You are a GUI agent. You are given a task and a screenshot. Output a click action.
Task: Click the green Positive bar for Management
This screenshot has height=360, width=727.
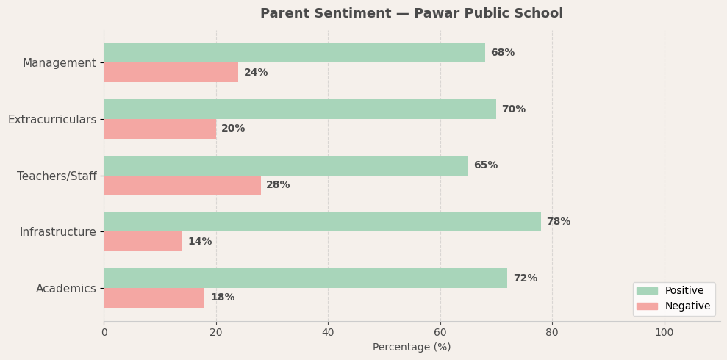(294, 53)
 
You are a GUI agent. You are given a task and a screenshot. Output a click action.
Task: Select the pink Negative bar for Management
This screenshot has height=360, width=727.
(171, 73)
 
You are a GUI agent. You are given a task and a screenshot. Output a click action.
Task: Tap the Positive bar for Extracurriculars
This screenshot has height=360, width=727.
(300, 109)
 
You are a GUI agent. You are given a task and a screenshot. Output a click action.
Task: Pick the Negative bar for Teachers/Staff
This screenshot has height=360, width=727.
(182, 185)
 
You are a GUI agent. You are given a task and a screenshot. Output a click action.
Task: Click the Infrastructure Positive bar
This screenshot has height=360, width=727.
(322, 222)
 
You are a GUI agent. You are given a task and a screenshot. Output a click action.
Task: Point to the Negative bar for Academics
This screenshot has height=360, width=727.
(154, 298)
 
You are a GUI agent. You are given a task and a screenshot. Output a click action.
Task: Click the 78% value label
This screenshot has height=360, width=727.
(558, 222)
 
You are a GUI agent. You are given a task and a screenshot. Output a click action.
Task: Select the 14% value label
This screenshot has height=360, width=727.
(200, 242)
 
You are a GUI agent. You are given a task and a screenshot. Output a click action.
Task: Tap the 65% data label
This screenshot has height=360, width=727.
(485, 165)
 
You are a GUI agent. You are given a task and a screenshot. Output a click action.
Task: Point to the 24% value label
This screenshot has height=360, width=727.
(256, 73)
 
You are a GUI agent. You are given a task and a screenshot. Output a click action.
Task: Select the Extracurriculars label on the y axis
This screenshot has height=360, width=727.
(52, 120)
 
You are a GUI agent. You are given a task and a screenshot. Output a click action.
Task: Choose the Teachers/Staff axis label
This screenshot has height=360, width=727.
(57, 176)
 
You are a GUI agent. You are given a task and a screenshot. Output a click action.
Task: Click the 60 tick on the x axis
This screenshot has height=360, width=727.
(440, 332)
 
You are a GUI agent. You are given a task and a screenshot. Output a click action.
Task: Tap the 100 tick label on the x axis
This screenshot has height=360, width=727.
(665, 332)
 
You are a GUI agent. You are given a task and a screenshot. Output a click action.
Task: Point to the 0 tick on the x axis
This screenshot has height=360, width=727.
(104, 332)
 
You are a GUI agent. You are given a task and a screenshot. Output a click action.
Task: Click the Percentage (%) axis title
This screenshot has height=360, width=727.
(412, 348)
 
